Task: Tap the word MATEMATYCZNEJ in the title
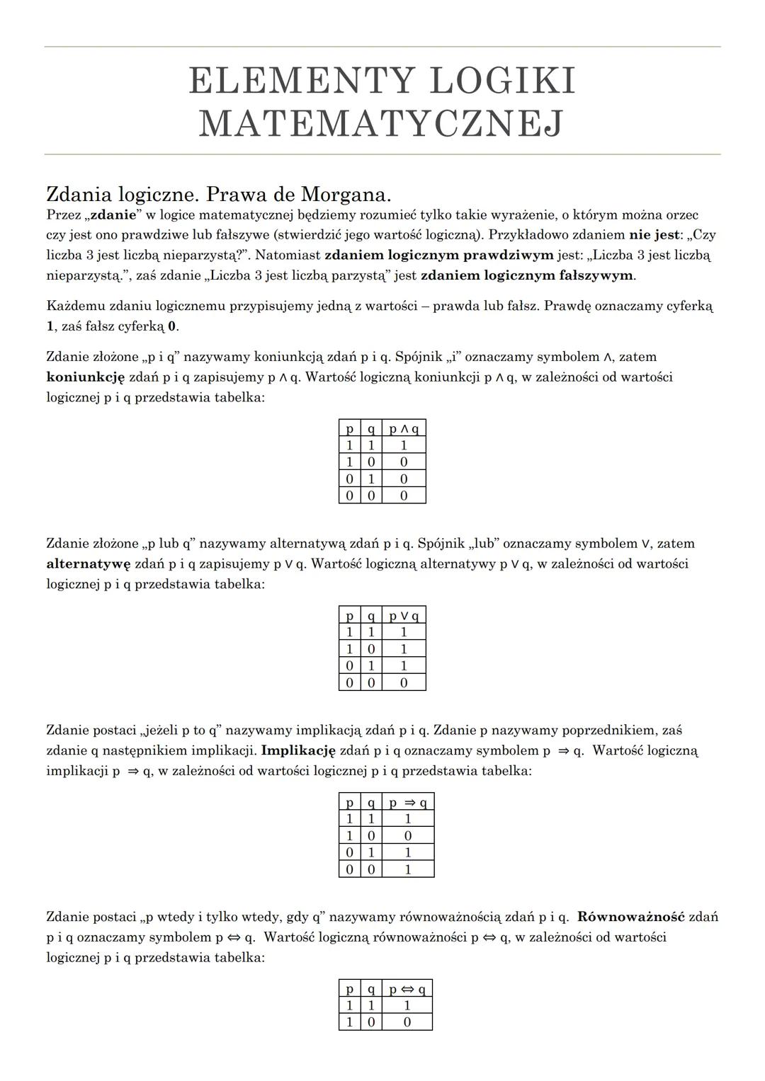click(x=382, y=123)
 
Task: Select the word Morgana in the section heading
click(x=346, y=194)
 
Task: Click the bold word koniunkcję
click(x=86, y=377)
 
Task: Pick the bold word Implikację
click(x=298, y=750)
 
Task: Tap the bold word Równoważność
click(x=630, y=917)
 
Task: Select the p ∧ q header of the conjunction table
click(x=404, y=428)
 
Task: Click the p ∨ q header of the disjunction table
click(x=404, y=615)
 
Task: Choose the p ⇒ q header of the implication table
click(x=408, y=802)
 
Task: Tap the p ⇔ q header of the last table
click(x=407, y=989)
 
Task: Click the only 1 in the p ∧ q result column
click(x=404, y=445)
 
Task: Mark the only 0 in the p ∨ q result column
click(x=404, y=682)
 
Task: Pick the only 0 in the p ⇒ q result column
click(x=408, y=835)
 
